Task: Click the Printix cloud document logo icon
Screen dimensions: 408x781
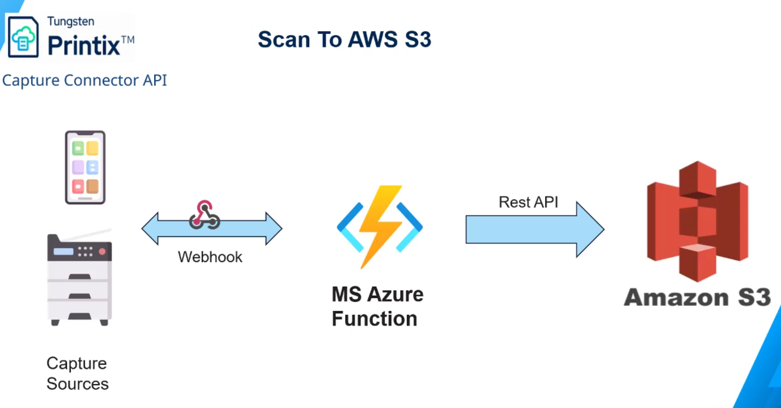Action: tap(23, 37)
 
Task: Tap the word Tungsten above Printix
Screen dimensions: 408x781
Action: tap(71, 21)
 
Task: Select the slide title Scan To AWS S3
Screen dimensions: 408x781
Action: tap(344, 39)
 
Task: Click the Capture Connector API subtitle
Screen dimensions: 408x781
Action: tap(84, 80)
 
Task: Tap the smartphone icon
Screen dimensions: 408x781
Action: tap(85, 167)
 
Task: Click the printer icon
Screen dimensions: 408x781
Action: tap(79, 279)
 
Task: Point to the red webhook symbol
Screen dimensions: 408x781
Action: tap(204, 215)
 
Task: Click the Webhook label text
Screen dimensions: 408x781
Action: tap(210, 257)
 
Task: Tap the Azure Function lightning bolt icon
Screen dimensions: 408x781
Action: tap(379, 226)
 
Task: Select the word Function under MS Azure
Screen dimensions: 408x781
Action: tap(374, 319)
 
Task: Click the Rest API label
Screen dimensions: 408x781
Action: tap(528, 202)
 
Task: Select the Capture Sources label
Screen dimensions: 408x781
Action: tap(77, 373)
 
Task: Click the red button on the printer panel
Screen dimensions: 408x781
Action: tap(102, 252)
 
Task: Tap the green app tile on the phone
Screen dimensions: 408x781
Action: tap(78, 148)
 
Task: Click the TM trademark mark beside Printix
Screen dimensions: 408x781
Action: tap(128, 39)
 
